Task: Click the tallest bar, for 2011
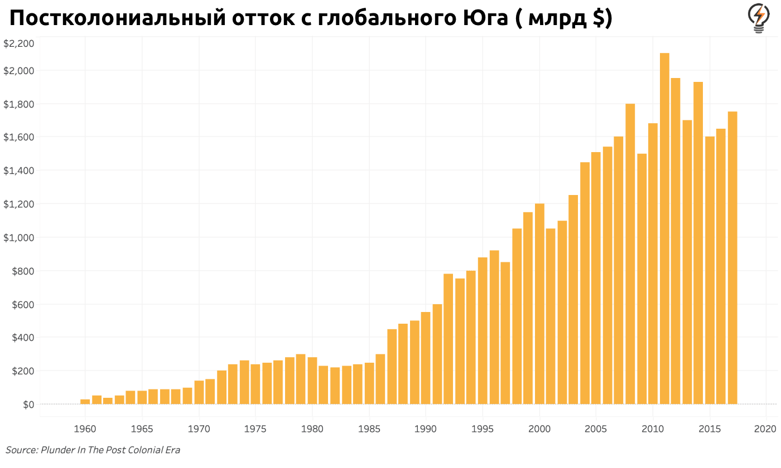click(664, 228)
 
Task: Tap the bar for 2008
click(630, 253)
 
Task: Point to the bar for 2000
click(539, 304)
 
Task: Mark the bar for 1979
click(301, 379)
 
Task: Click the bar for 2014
click(698, 243)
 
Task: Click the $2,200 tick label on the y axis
click(19, 43)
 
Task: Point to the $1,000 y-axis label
click(19, 237)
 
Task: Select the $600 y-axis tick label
click(22, 304)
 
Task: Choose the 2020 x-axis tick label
click(765, 429)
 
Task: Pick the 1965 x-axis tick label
click(142, 429)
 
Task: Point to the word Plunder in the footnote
click(58, 450)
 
